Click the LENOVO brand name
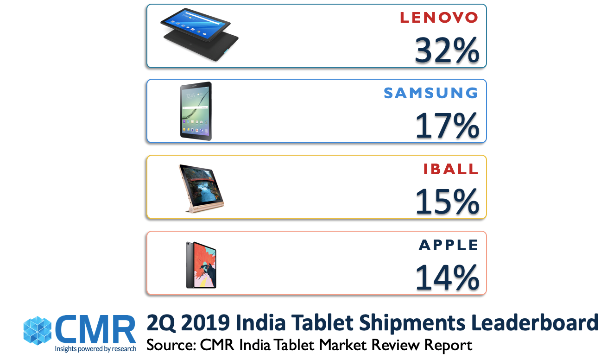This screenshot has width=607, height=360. click(x=439, y=18)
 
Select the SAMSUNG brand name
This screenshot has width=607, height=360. click(x=431, y=93)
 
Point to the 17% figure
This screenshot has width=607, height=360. click(x=447, y=126)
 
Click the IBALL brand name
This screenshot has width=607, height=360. click(x=451, y=169)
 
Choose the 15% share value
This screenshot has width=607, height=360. click(x=447, y=202)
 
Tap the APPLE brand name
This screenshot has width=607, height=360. click(x=449, y=245)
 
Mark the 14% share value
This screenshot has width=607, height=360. click(x=447, y=278)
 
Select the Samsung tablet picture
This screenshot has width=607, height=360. click(x=196, y=111)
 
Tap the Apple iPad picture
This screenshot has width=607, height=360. click(x=201, y=265)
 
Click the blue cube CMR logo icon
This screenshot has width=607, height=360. click(x=38, y=330)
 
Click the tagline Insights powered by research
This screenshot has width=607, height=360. click(x=95, y=348)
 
